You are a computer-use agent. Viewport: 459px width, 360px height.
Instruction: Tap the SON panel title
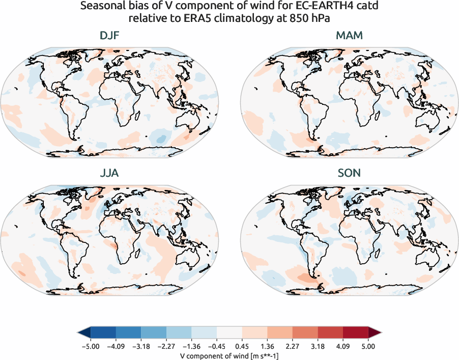350,173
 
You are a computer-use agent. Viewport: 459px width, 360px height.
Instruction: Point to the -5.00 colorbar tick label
90,346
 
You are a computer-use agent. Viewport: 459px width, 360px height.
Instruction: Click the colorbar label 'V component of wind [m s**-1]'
229,355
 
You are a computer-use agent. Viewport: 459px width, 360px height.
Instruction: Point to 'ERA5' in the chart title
202,19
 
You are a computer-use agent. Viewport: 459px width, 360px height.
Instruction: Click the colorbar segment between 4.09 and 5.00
356,333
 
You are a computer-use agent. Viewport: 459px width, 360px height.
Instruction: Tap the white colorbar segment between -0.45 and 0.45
229,333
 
